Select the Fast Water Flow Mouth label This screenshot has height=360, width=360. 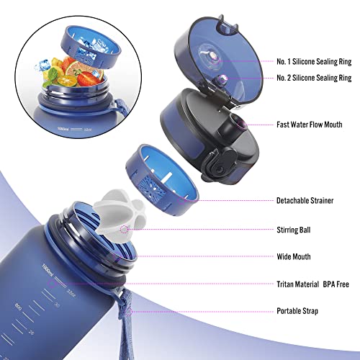[311, 124]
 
